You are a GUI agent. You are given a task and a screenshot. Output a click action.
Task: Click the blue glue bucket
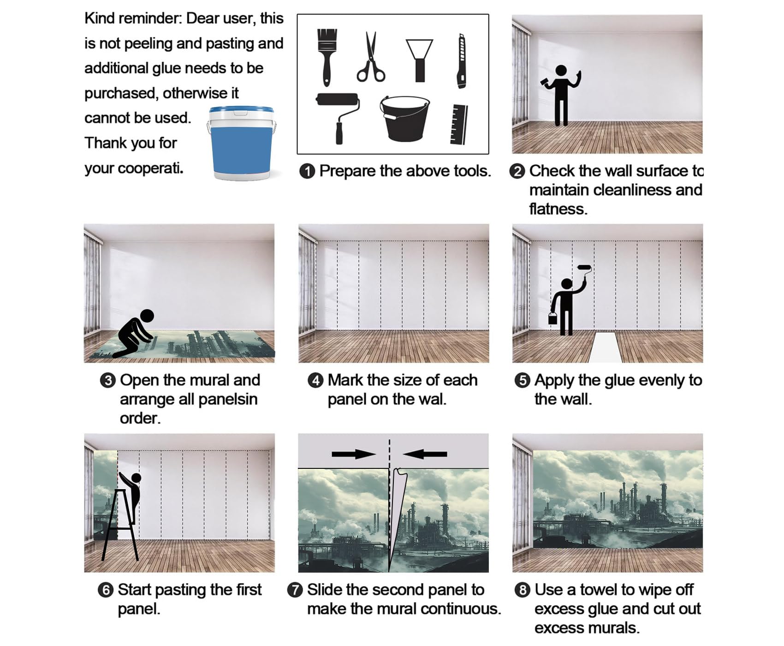241,143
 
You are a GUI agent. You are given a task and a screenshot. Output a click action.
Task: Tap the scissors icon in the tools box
370,57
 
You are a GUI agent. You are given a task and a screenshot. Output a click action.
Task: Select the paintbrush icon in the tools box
327,57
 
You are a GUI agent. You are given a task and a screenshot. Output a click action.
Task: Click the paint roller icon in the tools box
338,118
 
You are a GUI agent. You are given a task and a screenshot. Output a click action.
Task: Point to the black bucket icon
404,118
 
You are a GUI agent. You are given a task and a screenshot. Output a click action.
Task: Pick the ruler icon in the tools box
459,124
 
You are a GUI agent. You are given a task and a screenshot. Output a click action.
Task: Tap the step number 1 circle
307,171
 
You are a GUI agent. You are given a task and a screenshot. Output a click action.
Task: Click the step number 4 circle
315,381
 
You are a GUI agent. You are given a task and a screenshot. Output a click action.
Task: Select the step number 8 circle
522,590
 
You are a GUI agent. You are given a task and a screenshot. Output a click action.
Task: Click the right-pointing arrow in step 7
354,454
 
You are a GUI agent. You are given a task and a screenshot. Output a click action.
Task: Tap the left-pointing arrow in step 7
425,454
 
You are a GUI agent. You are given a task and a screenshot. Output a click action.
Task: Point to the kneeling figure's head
147,316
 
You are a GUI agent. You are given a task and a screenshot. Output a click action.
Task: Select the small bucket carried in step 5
552,318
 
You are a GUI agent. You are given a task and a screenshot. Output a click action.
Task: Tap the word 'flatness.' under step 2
558,209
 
